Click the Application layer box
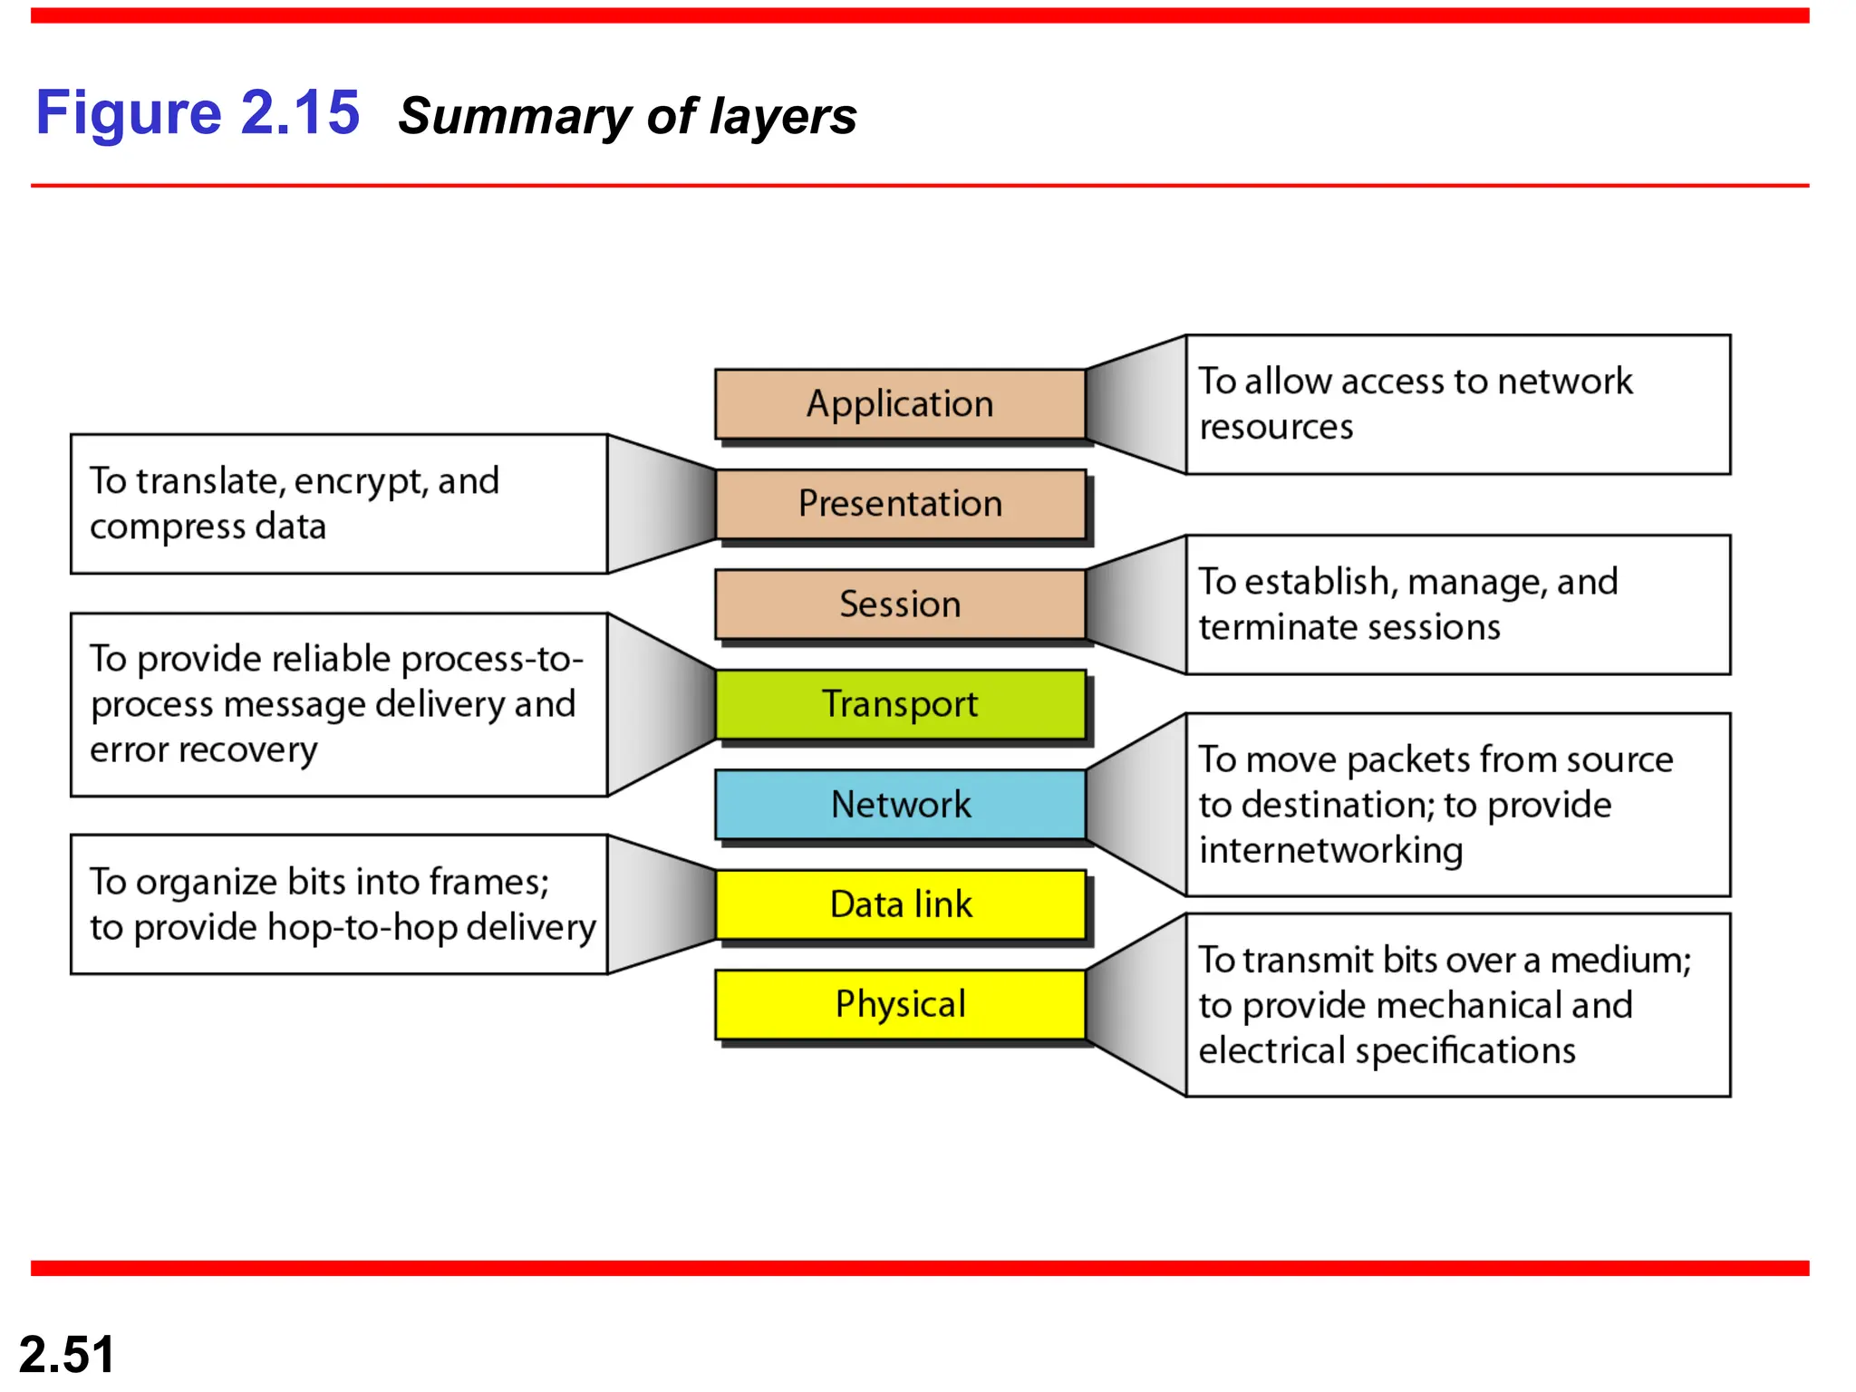pos(900,404)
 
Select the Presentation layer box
pos(900,504)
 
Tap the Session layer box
pos(900,604)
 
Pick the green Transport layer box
pos(900,704)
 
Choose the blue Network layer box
pos(900,805)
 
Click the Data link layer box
pos(900,904)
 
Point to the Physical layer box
pos(900,1004)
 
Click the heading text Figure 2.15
pos(198,113)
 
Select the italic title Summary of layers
pos(627,117)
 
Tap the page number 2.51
pos(67,1354)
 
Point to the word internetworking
pos(1330,851)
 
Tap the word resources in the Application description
pos(1276,427)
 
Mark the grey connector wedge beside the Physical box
pos(1137,1006)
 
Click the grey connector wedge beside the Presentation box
pos(662,504)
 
